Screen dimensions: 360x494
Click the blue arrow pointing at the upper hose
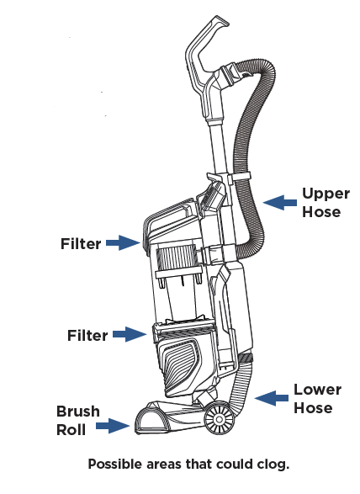[280, 202]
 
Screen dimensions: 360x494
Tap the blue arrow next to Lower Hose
[271, 398]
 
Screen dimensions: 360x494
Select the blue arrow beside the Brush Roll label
[113, 426]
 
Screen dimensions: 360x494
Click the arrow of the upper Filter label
[123, 242]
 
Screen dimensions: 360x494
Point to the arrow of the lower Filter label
[130, 334]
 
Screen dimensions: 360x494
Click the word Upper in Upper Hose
[326, 194]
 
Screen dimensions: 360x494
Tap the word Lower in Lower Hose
[317, 390]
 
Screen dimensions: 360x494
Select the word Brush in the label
[78, 412]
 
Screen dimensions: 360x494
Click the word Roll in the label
[71, 430]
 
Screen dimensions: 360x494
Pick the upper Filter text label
[81, 244]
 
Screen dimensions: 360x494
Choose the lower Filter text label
[87, 335]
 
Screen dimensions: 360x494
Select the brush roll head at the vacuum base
[164, 418]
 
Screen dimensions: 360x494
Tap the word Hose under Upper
[321, 212]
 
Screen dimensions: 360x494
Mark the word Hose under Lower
[313, 407]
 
